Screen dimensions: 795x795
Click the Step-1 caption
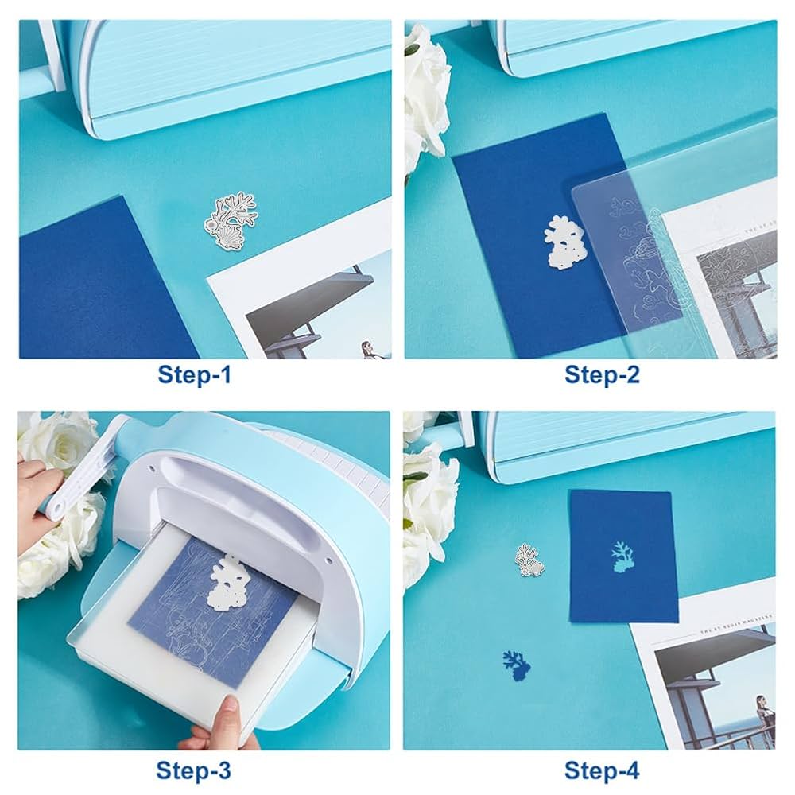(194, 374)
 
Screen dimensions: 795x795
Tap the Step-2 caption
(602, 374)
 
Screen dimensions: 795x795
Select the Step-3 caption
(194, 770)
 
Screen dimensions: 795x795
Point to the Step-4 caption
(602, 770)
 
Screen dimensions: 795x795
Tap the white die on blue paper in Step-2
(564, 238)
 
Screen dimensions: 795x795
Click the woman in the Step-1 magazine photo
(369, 348)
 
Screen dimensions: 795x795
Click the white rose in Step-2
(425, 95)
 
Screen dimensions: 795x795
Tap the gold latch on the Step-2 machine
(504, 56)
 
